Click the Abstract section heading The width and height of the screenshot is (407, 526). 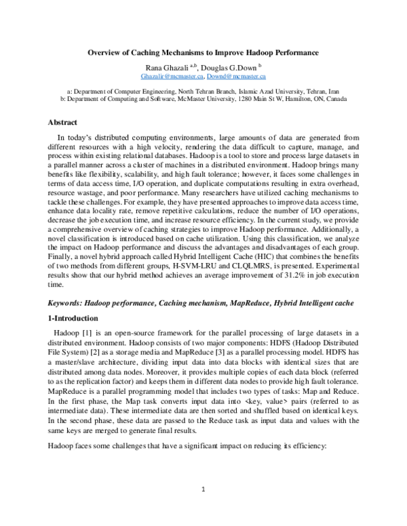point(63,123)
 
